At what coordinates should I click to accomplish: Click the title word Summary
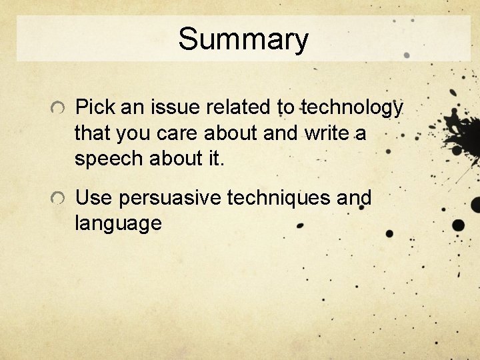point(243,39)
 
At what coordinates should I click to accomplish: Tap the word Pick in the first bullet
point(93,107)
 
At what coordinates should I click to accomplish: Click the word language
point(118,224)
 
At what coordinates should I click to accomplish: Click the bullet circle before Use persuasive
point(59,199)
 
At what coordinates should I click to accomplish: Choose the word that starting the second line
point(93,133)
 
